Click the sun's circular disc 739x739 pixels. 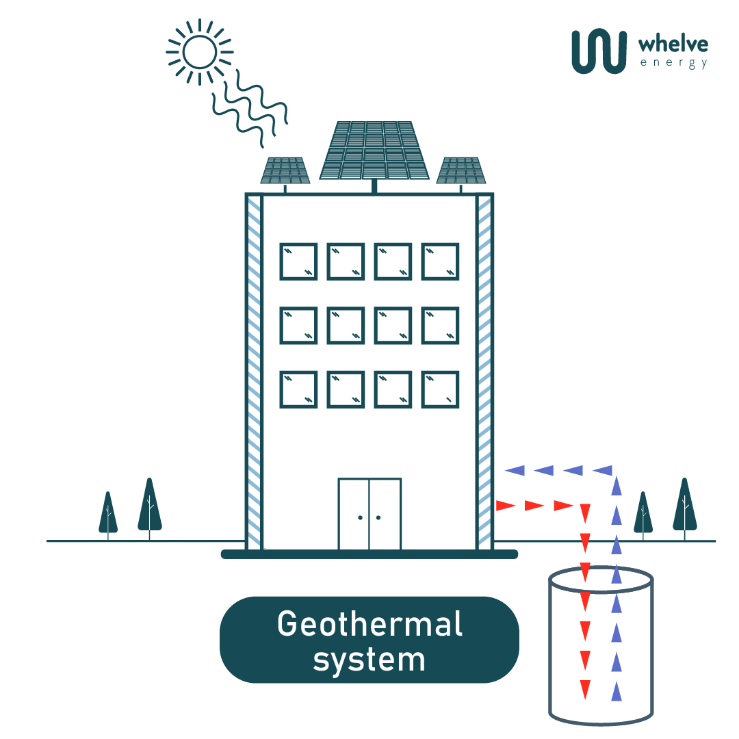[x=200, y=52]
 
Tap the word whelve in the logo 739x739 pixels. [x=673, y=45]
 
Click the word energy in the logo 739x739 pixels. [x=673, y=64]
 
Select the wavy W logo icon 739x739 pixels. [x=599, y=51]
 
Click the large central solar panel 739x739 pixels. [x=374, y=150]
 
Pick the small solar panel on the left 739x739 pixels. [x=285, y=170]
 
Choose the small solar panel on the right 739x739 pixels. [x=461, y=170]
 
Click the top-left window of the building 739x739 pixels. [x=298, y=261]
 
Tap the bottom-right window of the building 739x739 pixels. [x=440, y=389]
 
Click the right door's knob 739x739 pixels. [x=378, y=517]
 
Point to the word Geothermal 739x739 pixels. [x=369, y=624]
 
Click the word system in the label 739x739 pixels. [x=369, y=660]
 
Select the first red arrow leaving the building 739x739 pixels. [x=505, y=506]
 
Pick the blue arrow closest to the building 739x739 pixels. [x=515, y=470]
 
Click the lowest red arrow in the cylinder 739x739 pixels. [x=585, y=689]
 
